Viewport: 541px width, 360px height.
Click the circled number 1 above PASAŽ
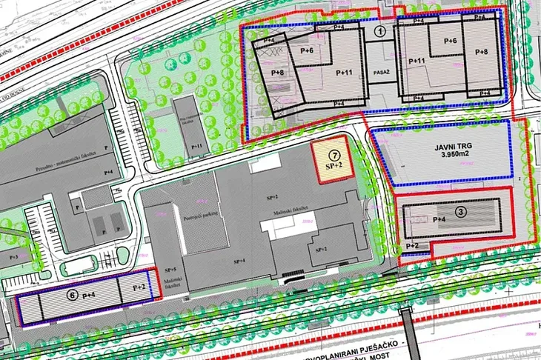[x=379, y=31]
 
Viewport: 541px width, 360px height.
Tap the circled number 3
[x=461, y=212]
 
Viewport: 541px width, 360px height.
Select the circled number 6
[x=73, y=294]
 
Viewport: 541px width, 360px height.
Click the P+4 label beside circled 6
[x=90, y=295]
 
